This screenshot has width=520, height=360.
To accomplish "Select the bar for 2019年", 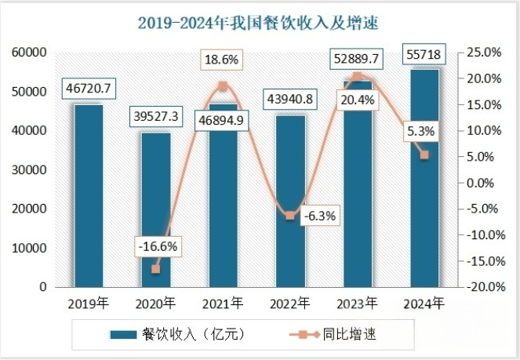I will [89, 196].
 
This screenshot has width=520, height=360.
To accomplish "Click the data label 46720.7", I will [89, 89].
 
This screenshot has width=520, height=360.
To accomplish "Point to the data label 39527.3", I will [155, 116].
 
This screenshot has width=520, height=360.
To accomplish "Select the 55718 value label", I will [424, 56].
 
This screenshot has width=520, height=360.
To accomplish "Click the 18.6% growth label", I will [223, 60].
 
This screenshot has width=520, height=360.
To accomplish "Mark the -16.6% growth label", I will [156, 246].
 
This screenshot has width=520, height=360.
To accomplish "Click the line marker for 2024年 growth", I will [424, 155].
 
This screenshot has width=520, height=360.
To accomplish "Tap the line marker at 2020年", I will [155, 269].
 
